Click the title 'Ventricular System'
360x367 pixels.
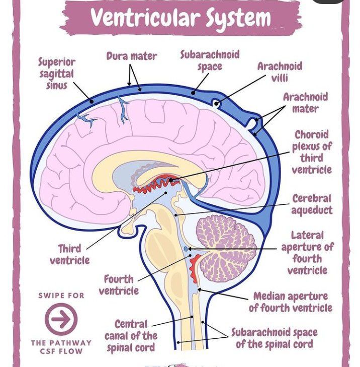(181, 18)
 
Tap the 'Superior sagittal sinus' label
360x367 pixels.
(57, 74)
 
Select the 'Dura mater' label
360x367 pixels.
(132, 56)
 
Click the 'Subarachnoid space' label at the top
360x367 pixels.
(210, 60)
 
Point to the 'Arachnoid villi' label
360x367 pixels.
(280, 72)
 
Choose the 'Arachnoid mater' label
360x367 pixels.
(305, 102)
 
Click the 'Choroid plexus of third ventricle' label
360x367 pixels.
(312, 152)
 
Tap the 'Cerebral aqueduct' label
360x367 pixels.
(312, 204)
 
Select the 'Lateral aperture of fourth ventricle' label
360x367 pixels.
(307, 253)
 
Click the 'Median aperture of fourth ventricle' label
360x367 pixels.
(290, 302)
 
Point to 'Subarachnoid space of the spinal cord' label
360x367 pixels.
(274, 338)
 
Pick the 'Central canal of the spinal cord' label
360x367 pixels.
(131, 336)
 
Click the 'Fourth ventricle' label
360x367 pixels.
(119, 285)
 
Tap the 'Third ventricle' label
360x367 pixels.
(69, 254)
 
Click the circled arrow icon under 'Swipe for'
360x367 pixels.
(61, 319)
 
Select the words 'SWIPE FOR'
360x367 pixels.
(61, 296)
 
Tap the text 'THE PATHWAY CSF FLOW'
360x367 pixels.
(61, 347)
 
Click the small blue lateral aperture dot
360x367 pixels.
(186, 249)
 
